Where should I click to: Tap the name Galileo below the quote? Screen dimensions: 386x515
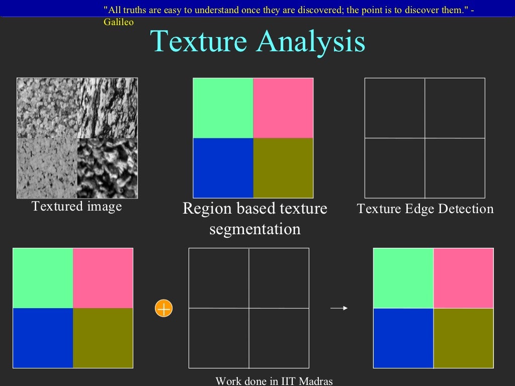coord(119,23)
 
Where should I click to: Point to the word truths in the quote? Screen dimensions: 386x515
coord(134,10)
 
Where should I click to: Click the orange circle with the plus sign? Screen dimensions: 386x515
coord(164,308)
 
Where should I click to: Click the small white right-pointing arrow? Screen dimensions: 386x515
coord(339,308)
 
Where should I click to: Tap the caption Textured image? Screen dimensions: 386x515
coord(76,207)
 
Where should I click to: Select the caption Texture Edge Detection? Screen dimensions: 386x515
coord(425,209)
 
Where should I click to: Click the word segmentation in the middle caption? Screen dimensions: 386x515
coord(255,229)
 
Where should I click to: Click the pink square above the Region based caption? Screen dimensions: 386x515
coord(283,108)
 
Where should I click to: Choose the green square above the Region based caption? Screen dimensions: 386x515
coord(223,108)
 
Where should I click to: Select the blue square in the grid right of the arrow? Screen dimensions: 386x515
coord(403,338)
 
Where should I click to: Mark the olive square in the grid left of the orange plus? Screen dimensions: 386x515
coord(103,338)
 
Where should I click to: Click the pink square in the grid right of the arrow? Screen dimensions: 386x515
coord(463,278)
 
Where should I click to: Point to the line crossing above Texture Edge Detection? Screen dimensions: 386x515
coord(425,138)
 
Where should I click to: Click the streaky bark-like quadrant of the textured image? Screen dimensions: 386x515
coord(107,108)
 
